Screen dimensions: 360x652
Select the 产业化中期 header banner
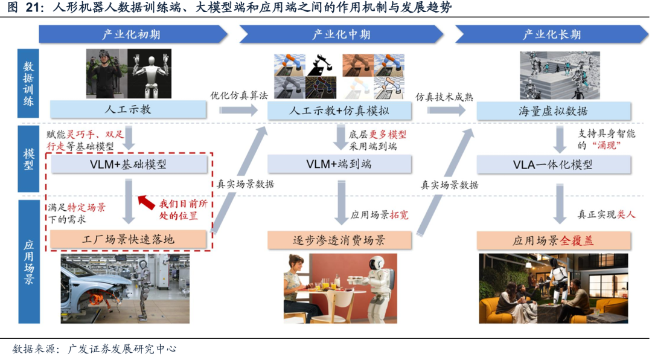(x=342, y=34)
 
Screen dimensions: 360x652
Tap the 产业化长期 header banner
(x=551, y=34)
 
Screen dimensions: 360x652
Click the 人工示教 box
(x=127, y=110)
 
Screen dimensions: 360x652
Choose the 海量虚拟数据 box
(x=553, y=111)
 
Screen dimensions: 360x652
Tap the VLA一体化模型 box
(x=553, y=164)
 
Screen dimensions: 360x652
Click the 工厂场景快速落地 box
(x=127, y=240)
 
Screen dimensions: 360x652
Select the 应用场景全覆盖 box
(x=553, y=240)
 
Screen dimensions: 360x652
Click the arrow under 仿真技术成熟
(x=446, y=111)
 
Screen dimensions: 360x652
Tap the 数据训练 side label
(x=28, y=83)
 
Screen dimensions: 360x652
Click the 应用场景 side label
(x=28, y=262)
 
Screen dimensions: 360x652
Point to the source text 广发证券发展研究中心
(x=122, y=349)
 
